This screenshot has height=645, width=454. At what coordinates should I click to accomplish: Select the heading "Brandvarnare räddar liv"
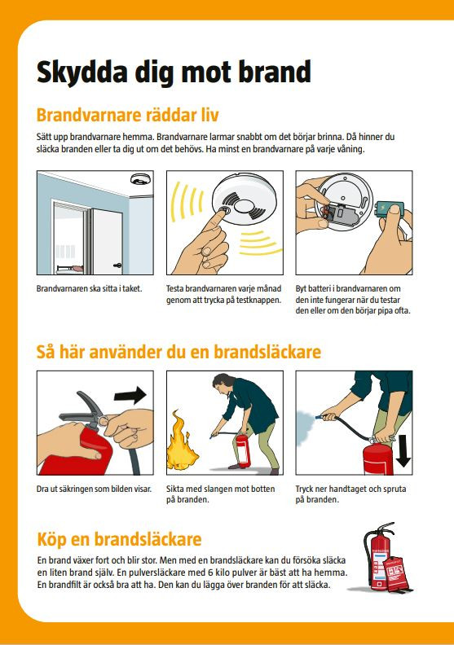[127, 115]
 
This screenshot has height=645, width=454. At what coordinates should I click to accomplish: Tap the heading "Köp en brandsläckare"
[119, 539]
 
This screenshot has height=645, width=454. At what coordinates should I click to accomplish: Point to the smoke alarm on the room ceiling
[141, 178]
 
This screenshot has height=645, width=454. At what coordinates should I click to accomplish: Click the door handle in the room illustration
[117, 265]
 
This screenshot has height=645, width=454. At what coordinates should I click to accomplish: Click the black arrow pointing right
[130, 395]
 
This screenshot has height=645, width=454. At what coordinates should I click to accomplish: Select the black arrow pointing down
[403, 451]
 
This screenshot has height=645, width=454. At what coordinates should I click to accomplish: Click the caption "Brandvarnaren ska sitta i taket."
[90, 288]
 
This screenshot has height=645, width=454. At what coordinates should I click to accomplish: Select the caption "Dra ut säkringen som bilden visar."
[95, 489]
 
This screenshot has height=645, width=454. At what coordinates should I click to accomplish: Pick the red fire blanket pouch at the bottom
[396, 574]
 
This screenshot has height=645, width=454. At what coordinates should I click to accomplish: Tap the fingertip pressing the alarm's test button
[223, 213]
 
